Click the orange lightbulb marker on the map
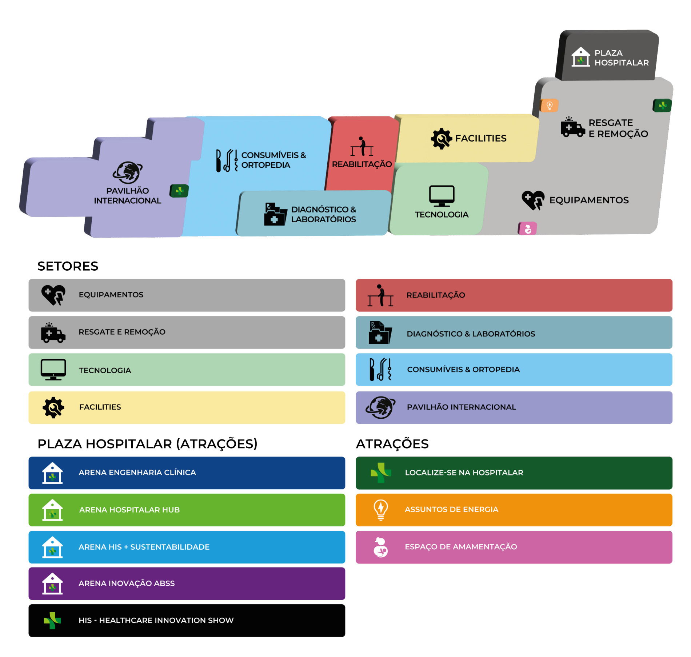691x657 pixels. coord(550,105)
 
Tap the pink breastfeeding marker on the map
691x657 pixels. coord(527,229)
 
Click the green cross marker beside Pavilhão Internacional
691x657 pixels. coord(179,191)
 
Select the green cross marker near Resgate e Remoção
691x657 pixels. coord(662,105)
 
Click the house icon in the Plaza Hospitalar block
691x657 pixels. coord(580,57)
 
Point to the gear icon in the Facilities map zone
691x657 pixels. coord(441,139)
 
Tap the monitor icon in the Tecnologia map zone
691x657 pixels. coord(442,196)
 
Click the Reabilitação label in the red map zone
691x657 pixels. coord(362,164)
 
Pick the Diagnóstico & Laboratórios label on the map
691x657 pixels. coord(323,214)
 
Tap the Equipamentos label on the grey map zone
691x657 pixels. coord(589,200)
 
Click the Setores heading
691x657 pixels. coord(68,266)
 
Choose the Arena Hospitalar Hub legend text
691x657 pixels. coord(129,510)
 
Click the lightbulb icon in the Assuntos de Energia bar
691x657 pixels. coord(381,510)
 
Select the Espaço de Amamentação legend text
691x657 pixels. coord(461,547)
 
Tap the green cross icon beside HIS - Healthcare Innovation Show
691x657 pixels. coord(52,620)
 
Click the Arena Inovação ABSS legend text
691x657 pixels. coord(127,583)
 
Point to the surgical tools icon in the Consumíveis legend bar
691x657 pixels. coord(380,370)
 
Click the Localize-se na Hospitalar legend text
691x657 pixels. coord(464,473)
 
